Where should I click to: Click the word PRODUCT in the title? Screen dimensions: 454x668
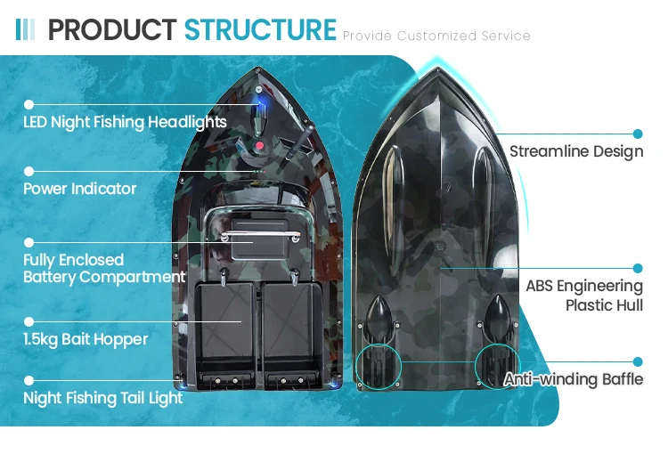(112, 29)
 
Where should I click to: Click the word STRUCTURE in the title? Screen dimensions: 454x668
(260, 29)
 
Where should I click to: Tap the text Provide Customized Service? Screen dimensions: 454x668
(436, 36)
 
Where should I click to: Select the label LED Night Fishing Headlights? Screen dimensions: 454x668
(125, 122)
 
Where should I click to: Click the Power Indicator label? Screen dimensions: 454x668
(80, 189)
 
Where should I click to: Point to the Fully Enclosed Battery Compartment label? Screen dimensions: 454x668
(104, 268)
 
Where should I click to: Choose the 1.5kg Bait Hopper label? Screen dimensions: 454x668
(86, 339)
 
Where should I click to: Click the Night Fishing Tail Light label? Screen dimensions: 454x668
(103, 398)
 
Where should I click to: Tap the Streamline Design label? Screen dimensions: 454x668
(576, 151)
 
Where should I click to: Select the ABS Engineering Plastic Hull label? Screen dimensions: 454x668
(584, 296)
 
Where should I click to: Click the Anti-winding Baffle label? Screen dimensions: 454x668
(574, 380)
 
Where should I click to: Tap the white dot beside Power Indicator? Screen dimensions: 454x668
(29, 171)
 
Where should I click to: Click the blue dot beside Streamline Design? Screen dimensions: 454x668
(638, 133)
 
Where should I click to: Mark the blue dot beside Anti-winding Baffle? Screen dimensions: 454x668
(638, 361)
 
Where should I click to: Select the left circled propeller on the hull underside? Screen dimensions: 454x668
(379, 366)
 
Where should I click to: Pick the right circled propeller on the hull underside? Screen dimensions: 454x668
(497, 366)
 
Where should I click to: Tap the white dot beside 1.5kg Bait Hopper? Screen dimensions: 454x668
(29, 321)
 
